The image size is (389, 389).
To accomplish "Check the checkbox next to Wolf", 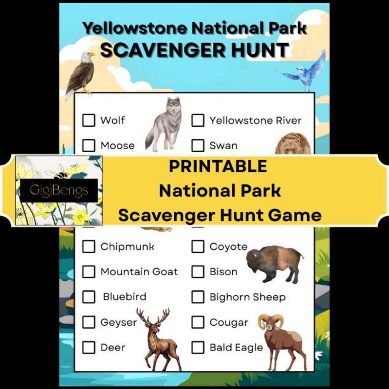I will (x=89, y=120).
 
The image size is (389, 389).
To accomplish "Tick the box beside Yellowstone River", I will (x=197, y=120).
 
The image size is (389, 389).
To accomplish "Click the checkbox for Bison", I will (x=197, y=272).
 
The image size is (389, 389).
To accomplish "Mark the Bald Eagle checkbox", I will (x=197, y=348).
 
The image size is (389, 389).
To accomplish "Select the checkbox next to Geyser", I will (x=89, y=322).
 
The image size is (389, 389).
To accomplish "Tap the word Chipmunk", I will (x=127, y=247).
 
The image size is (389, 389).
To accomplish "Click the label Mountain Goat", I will (x=139, y=272).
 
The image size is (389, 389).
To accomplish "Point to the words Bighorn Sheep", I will (x=247, y=297).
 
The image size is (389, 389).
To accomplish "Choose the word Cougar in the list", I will (x=229, y=322).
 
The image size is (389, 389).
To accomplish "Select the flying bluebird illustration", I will (x=306, y=72).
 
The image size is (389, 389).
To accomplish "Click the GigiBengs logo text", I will (x=59, y=190).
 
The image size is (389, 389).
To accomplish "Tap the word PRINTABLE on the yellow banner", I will (x=218, y=166).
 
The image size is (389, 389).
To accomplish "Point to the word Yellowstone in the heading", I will (x=135, y=28).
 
